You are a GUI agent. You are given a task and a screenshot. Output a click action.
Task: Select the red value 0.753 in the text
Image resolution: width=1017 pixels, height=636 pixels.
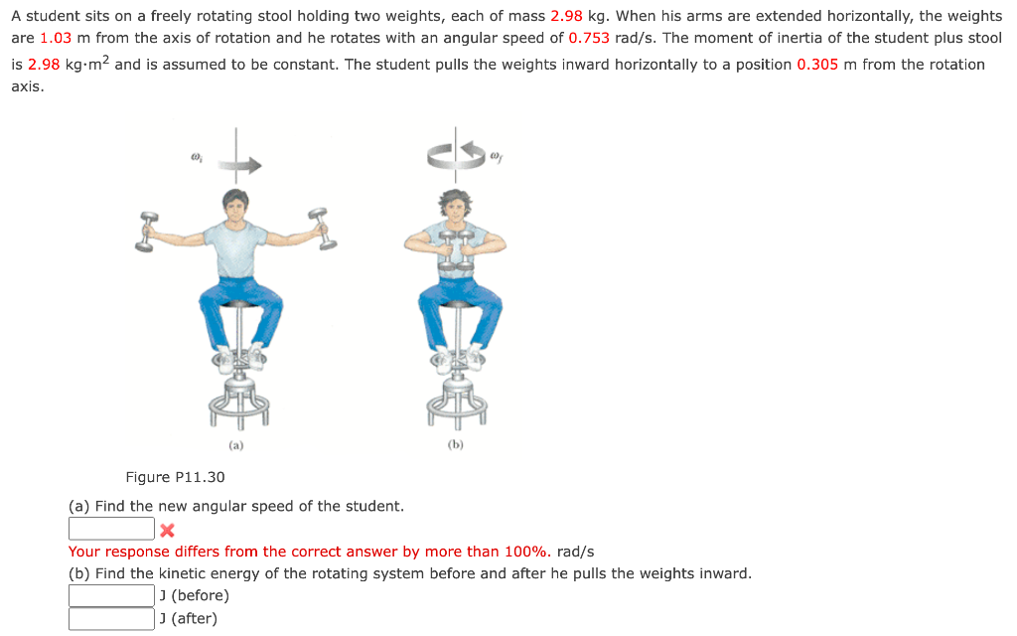pos(588,38)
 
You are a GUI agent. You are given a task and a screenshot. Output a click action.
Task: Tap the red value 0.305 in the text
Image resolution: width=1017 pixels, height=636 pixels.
pos(817,65)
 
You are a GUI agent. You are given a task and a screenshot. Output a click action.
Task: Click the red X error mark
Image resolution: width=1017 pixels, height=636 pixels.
pos(167,530)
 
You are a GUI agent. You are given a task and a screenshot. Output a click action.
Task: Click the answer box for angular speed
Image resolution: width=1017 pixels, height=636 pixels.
pos(111,529)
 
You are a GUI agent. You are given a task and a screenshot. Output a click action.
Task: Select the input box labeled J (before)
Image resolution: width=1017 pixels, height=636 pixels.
pos(111,595)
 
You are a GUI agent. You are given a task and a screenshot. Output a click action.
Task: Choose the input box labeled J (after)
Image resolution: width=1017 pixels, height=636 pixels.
pos(111,619)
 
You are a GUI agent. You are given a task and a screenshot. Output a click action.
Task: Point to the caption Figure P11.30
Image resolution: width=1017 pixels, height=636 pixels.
pos(175,478)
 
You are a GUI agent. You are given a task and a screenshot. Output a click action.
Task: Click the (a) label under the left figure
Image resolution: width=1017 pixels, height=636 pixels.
pos(235,445)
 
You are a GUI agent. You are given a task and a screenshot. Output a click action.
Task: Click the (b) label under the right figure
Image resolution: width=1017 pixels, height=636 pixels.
pos(456,445)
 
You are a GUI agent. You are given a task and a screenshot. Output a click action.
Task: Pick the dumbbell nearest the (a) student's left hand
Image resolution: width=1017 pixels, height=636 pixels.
pos(319,225)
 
